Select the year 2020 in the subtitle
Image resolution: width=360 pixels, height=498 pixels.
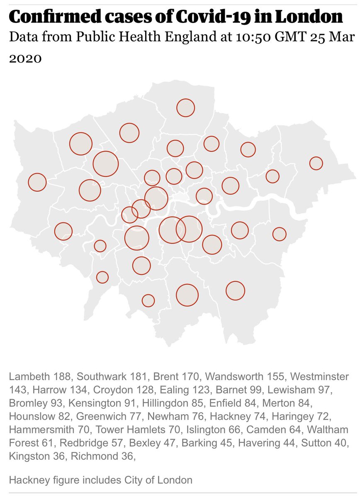[x=25, y=58]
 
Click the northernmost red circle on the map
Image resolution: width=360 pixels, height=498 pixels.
[x=185, y=108]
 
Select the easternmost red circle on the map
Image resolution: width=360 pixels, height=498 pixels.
[x=316, y=164]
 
